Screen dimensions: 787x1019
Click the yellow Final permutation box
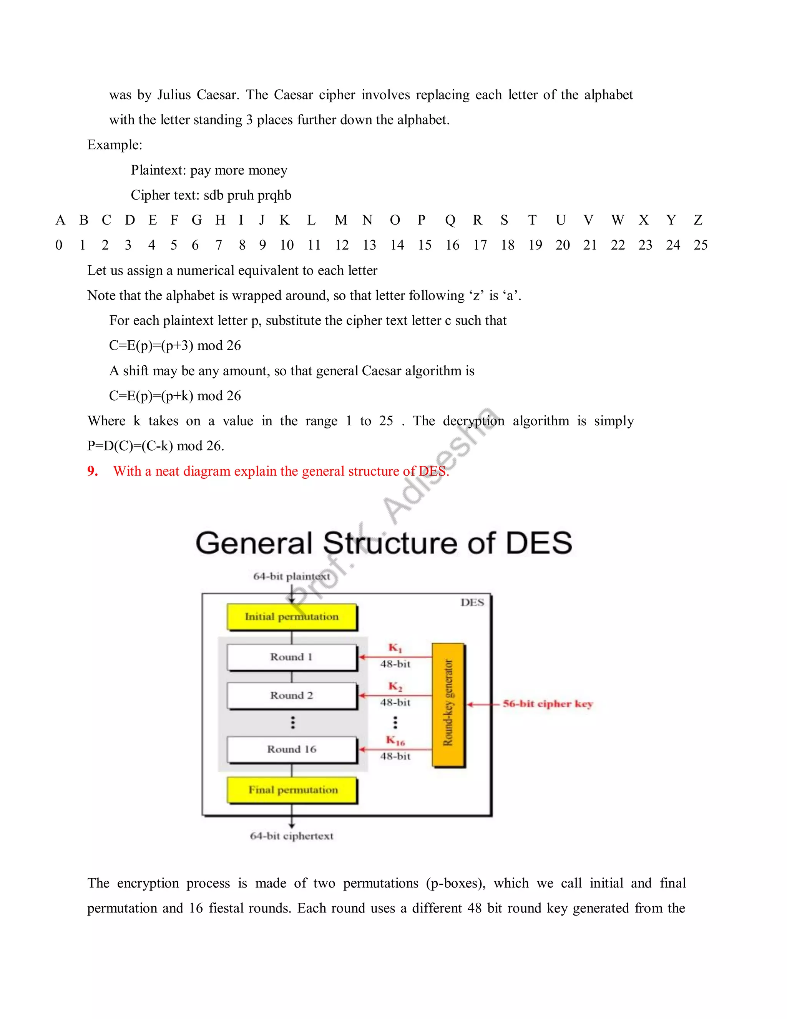pos(292,790)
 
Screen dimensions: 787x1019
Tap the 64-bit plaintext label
pos(291,577)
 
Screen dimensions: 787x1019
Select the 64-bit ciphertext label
pos(291,836)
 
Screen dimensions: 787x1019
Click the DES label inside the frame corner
pos(472,602)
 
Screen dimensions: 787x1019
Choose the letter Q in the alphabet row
pos(450,220)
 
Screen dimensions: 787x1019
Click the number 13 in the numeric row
pos(369,245)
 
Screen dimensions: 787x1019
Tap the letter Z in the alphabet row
pos(697,220)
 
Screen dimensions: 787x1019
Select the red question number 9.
pos(92,471)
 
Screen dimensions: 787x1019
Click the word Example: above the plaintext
pos(115,145)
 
